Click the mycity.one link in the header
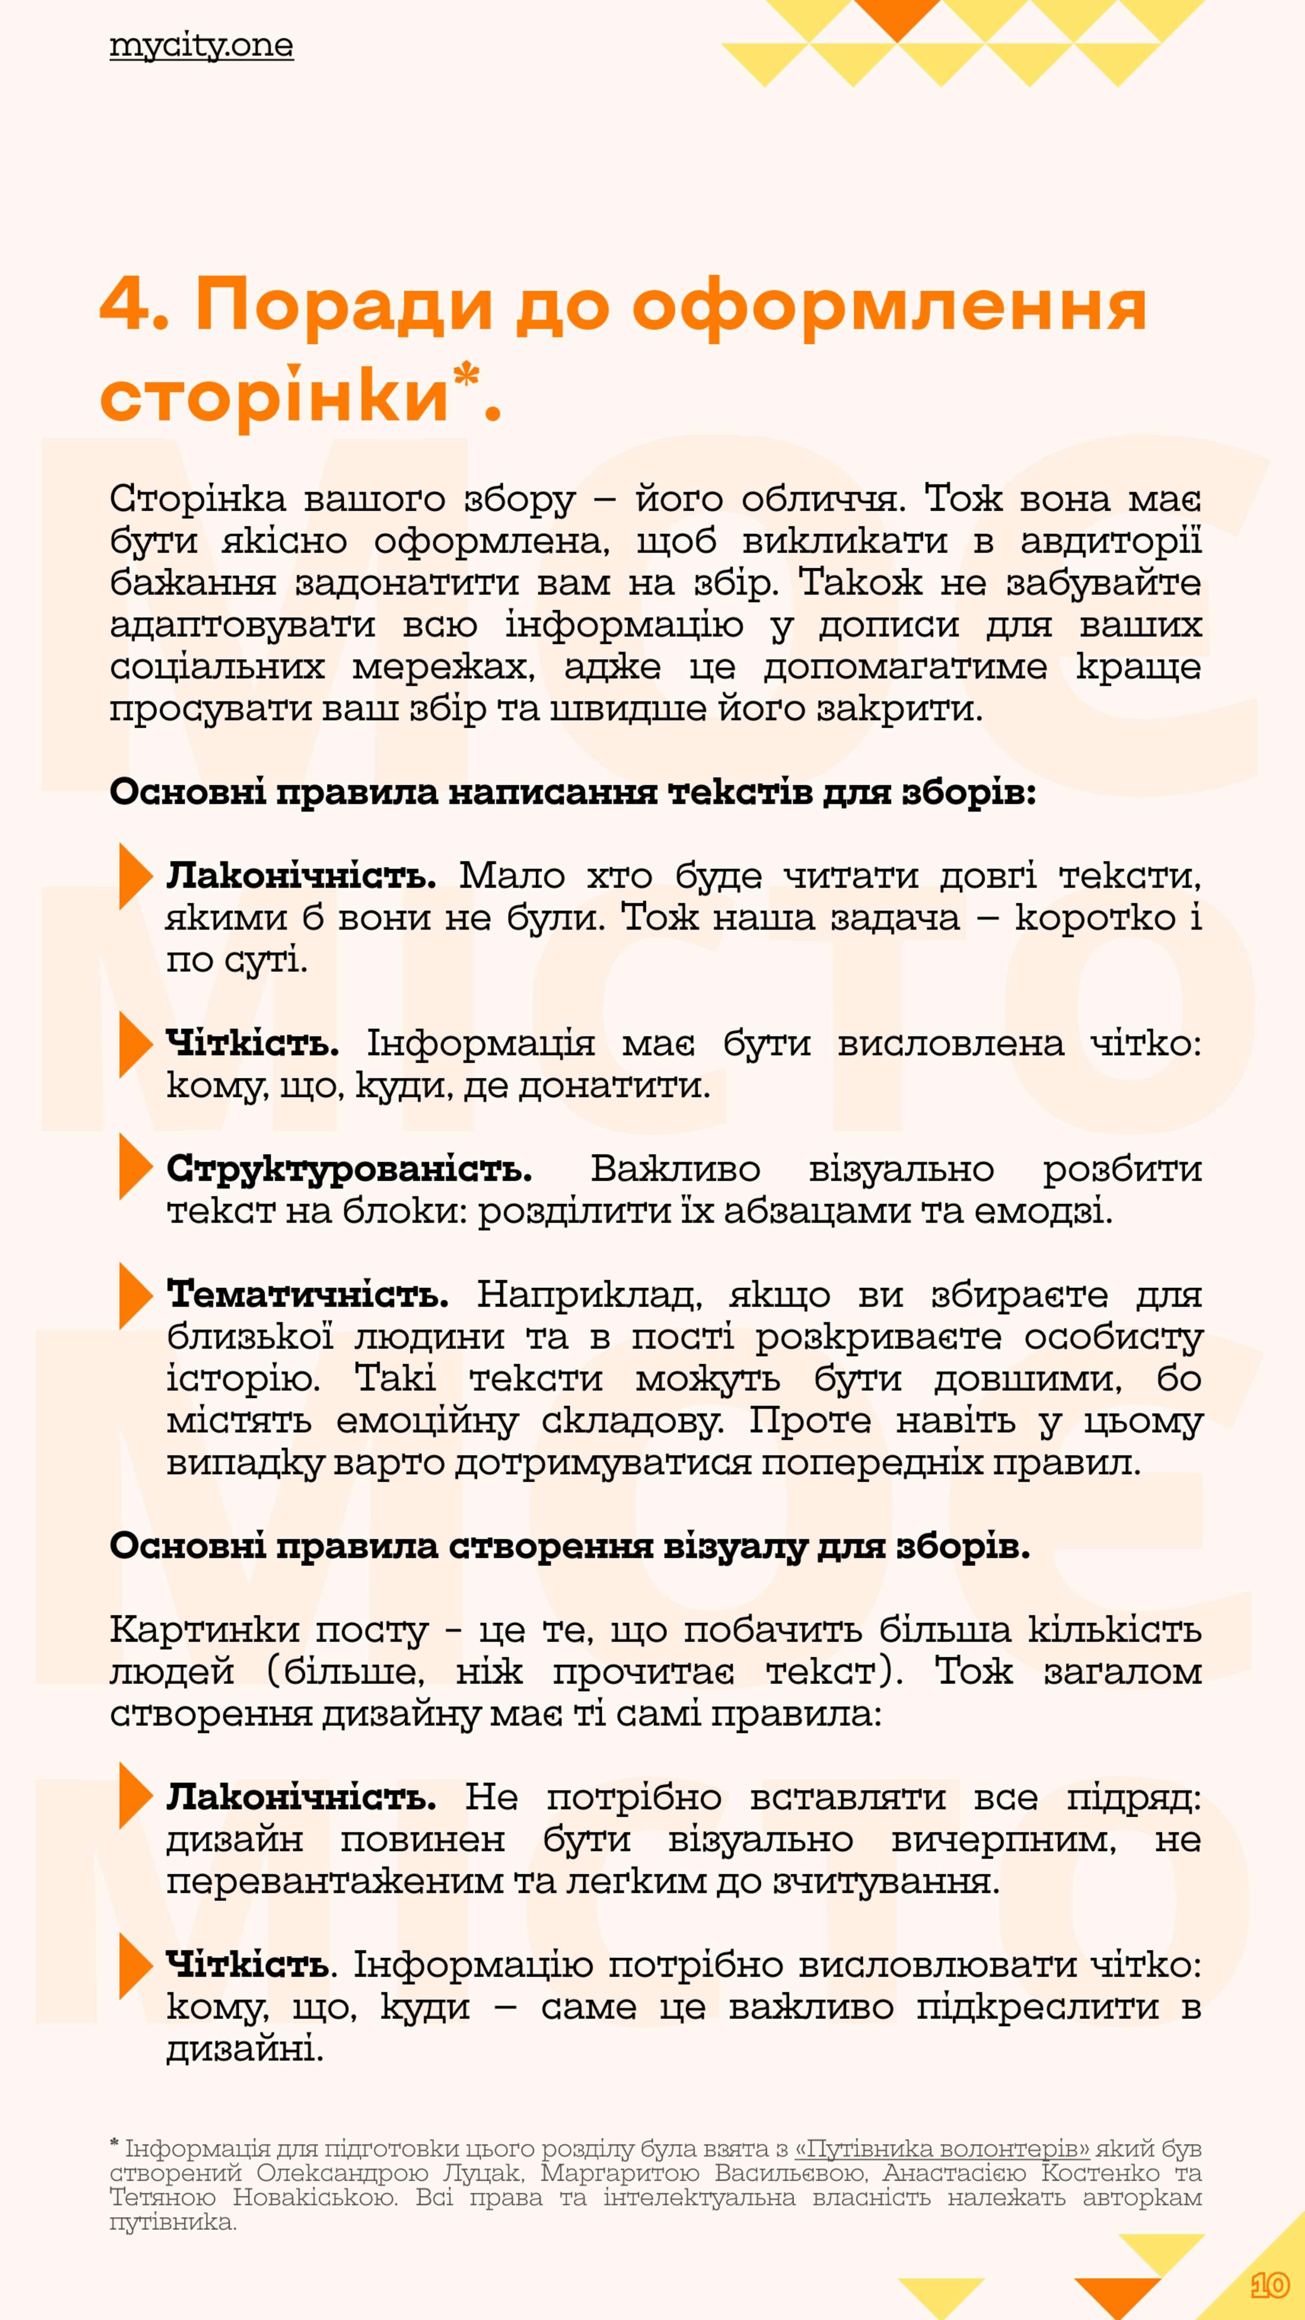(201, 46)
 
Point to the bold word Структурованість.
(349, 1169)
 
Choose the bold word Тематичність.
(307, 1295)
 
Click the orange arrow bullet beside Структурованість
(135, 1167)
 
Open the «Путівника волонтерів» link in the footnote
(941, 2150)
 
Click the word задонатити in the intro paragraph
(407, 583)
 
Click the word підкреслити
(1037, 2006)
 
